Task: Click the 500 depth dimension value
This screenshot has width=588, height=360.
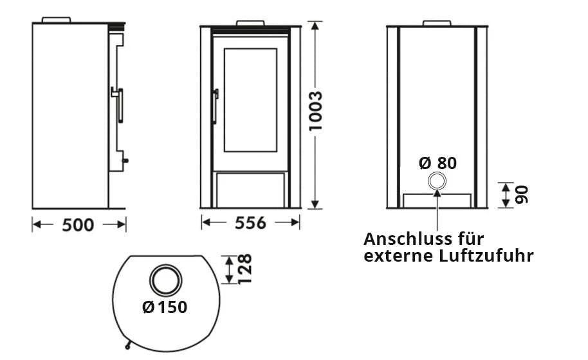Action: point(78,224)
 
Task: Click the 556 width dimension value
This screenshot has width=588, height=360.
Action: point(250,223)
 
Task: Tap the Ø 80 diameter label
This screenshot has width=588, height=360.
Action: point(437,163)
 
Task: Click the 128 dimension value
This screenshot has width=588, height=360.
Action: point(244,269)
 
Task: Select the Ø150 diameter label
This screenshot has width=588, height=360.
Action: point(165,307)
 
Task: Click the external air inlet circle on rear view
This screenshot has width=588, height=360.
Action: point(437,182)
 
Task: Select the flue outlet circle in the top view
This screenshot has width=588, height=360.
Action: point(167,280)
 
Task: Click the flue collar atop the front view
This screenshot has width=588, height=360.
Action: point(250,24)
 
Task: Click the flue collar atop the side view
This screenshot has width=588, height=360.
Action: point(56,19)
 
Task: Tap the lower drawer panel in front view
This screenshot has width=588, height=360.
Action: point(250,190)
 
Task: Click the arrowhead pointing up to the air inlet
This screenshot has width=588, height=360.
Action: point(437,195)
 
